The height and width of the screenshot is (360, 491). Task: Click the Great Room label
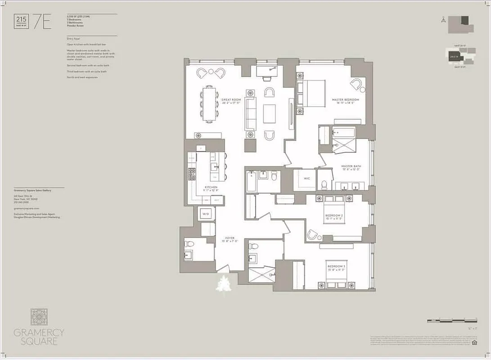point(232,99)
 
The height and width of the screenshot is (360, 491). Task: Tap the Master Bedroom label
point(345,99)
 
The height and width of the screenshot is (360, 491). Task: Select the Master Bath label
point(351,166)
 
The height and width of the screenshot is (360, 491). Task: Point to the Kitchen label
point(211,187)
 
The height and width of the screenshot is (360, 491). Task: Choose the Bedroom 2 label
point(334,216)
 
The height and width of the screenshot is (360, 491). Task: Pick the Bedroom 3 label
point(336,266)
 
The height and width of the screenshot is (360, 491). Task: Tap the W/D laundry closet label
point(206,214)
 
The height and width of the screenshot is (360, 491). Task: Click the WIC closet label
point(307,179)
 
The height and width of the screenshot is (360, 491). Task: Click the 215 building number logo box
point(20,22)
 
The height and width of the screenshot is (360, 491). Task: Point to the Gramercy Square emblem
point(39,317)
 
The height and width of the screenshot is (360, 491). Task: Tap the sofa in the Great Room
point(250,113)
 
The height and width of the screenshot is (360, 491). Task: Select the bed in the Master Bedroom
point(311,93)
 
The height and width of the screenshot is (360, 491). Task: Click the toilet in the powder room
point(189,244)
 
